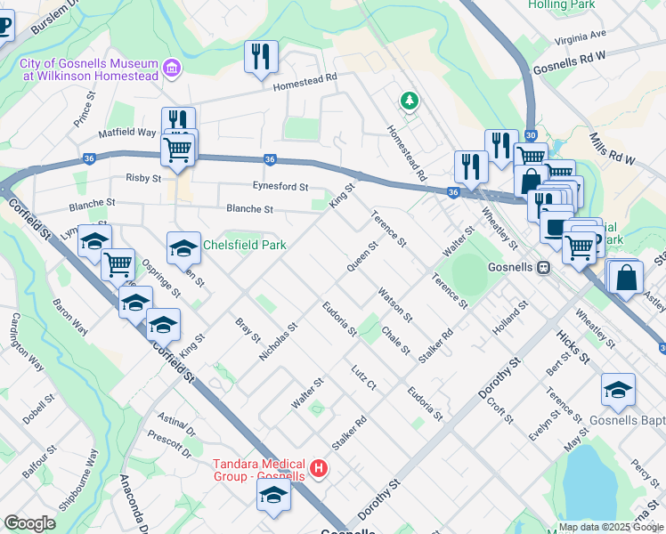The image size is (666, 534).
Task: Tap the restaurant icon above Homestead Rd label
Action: pos(261,56)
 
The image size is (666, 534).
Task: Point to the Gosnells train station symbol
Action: pos(542,268)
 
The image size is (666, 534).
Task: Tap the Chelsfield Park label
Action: pos(244,245)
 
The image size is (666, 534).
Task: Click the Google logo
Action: pos(29,523)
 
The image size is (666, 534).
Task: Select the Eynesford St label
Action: pos(278,187)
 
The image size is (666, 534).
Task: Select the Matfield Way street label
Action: pos(127,133)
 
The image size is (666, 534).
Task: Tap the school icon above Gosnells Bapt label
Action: pos(618,389)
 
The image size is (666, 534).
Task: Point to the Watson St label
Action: pos(394,305)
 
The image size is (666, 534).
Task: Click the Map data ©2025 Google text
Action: pos(610,526)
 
